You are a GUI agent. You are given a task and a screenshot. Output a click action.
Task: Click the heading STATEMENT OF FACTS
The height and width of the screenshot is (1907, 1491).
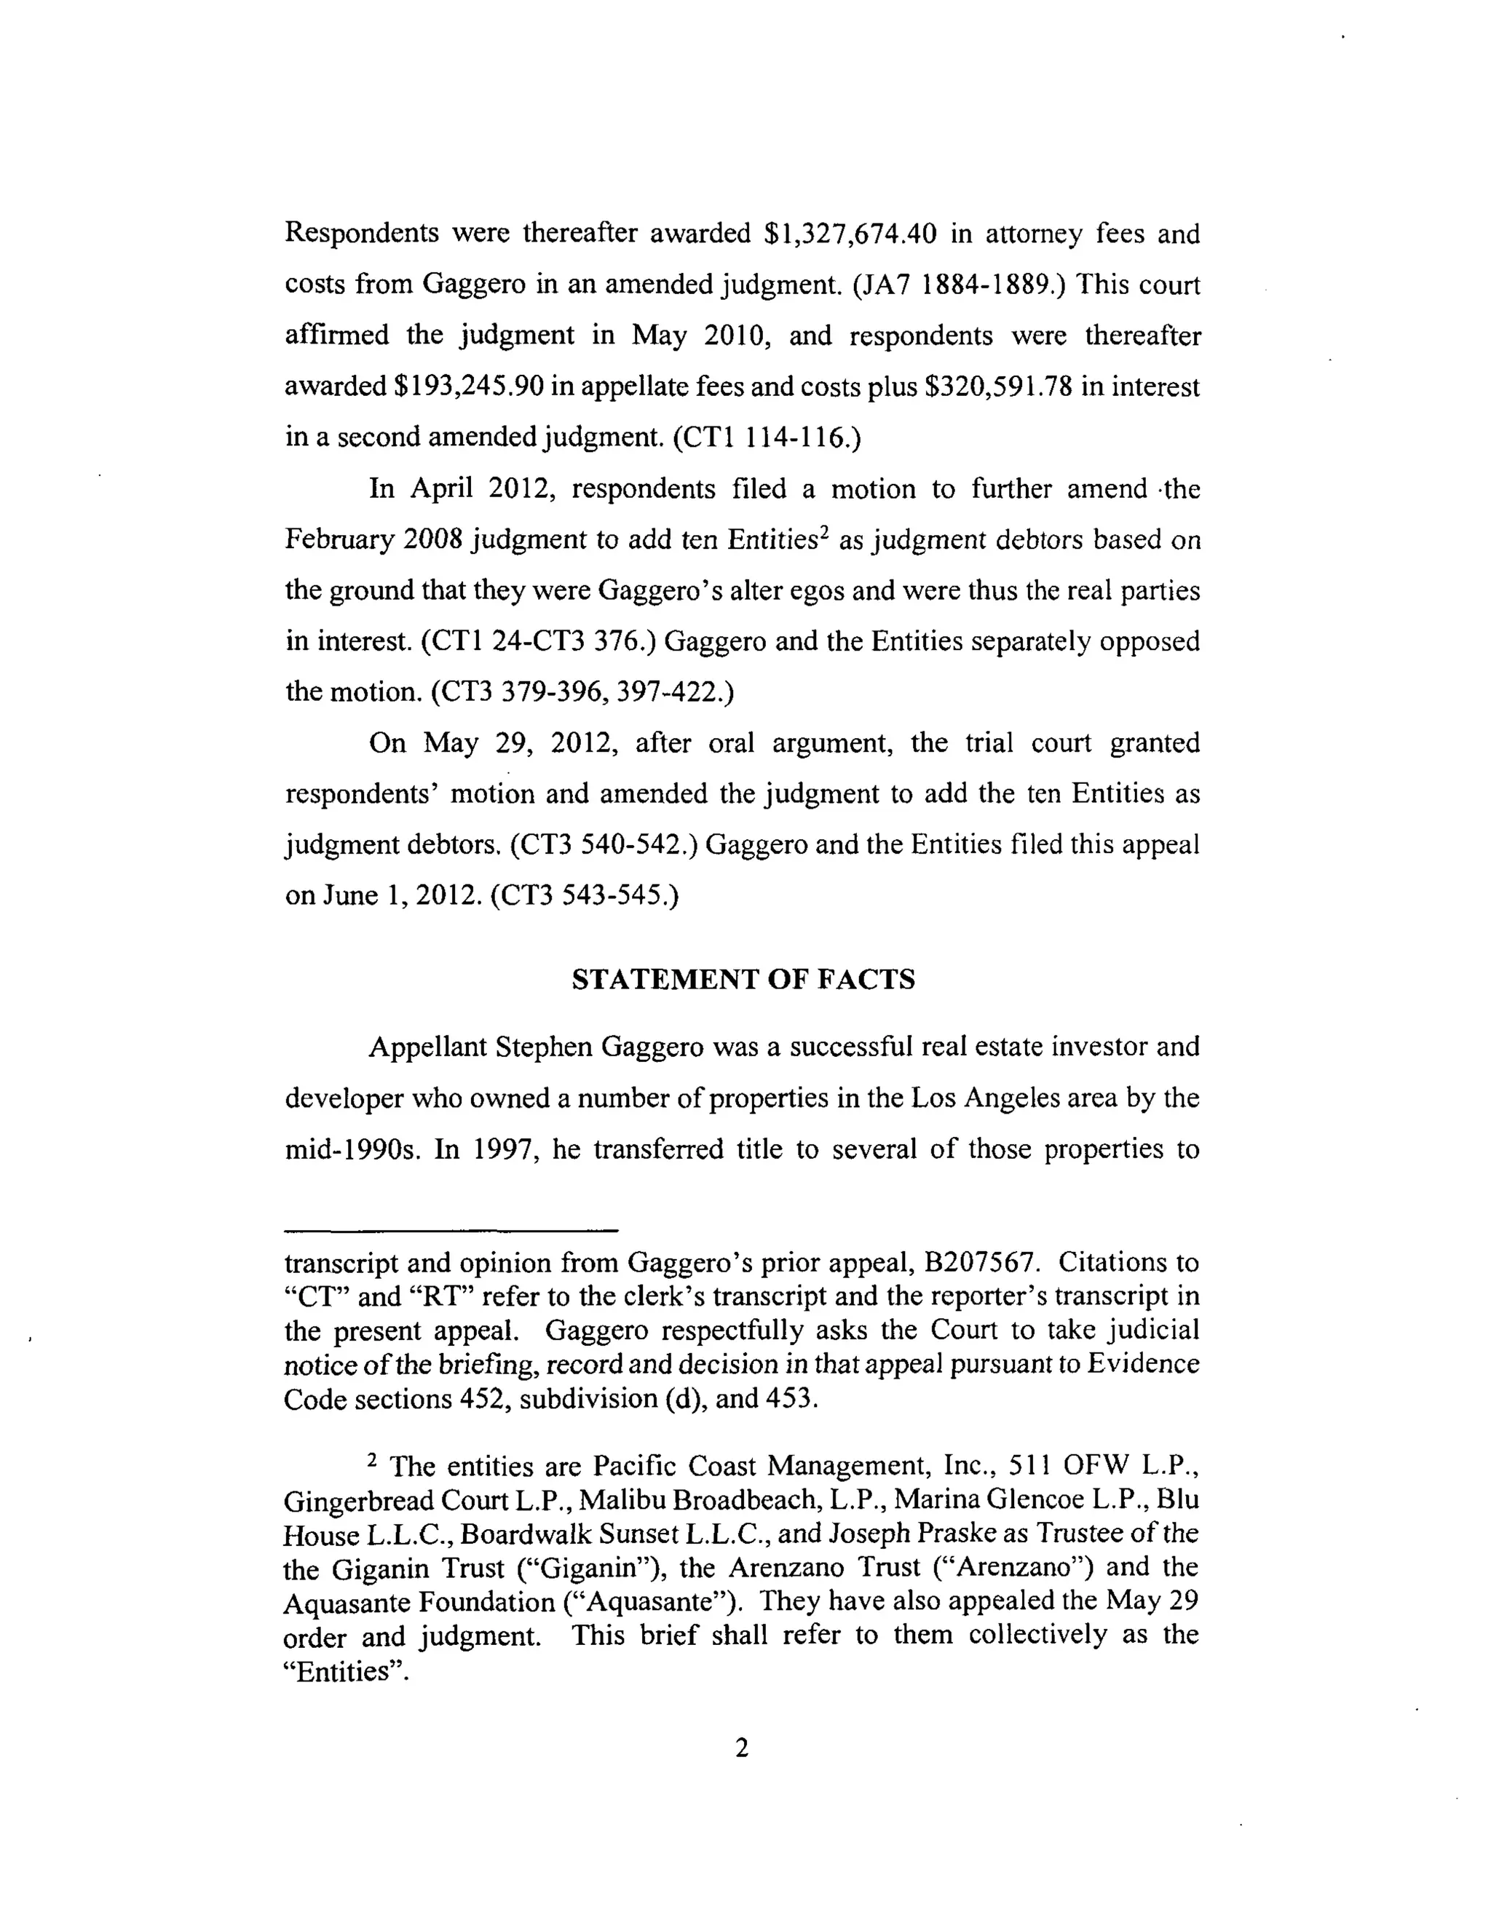tap(743, 980)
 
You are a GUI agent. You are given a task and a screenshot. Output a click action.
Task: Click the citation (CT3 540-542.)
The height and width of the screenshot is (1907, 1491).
tap(604, 844)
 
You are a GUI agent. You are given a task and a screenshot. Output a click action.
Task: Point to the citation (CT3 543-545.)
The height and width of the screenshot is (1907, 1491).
tap(585, 895)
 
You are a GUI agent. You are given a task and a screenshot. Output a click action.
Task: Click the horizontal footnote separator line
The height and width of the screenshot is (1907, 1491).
tap(451, 1230)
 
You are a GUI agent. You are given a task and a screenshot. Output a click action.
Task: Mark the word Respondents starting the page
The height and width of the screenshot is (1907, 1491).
tap(362, 234)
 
